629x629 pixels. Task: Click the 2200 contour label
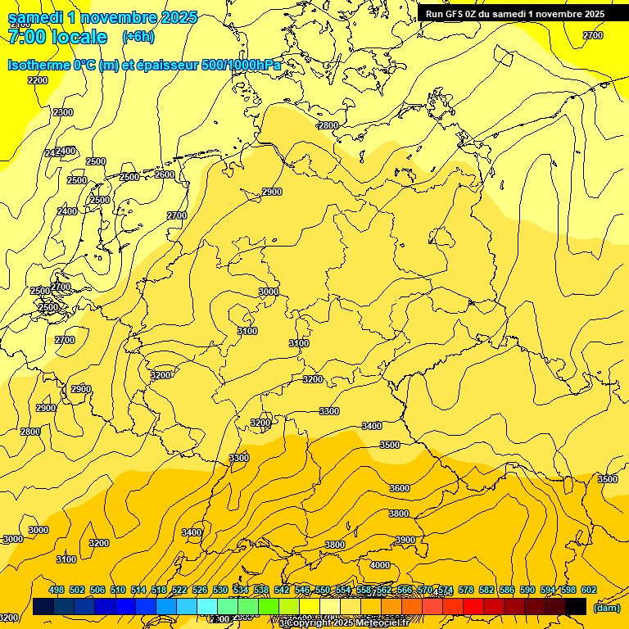click(38, 80)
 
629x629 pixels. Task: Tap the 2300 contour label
click(63, 112)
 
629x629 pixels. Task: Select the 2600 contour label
click(165, 174)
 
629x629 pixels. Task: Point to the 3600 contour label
click(400, 488)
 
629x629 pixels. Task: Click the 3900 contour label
click(405, 540)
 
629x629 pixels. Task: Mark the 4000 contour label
click(380, 565)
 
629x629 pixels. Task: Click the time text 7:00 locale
click(57, 37)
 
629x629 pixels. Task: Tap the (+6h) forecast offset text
click(137, 37)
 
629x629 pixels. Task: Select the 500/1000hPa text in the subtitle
click(241, 65)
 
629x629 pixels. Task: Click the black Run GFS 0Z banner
click(514, 14)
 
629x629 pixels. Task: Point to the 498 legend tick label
click(57, 590)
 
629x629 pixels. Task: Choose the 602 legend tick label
click(589, 590)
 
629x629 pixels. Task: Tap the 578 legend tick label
click(466, 590)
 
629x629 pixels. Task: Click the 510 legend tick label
click(118, 590)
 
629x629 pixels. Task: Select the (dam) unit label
click(607, 608)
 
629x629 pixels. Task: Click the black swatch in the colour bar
click(576, 606)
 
